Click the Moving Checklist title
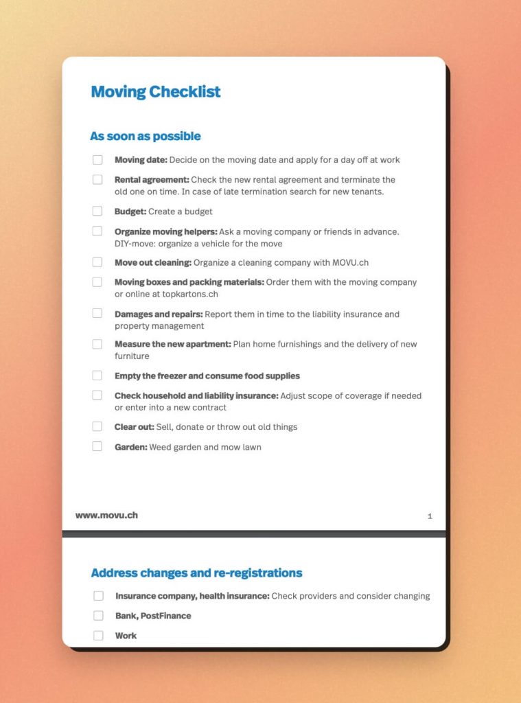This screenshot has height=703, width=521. (x=156, y=92)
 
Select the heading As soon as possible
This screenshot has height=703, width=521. (x=146, y=136)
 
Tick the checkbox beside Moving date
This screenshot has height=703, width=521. (x=97, y=160)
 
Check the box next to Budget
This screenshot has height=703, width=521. (x=97, y=211)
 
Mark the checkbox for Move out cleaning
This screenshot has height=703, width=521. (x=97, y=262)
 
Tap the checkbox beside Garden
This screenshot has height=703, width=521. (x=97, y=447)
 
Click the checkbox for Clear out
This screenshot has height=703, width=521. (x=97, y=427)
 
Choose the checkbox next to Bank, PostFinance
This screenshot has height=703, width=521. (x=98, y=616)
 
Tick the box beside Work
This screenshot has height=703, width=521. (x=98, y=636)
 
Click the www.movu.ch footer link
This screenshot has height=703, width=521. (x=106, y=515)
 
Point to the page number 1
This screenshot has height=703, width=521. (x=430, y=516)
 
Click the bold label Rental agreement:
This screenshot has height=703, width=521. (x=151, y=180)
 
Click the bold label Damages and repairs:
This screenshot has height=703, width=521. (x=159, y=314)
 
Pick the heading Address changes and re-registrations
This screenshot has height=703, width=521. (x=196, y=573)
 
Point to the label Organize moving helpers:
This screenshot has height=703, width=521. (x=165, y=231)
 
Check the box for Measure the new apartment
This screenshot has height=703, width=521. (x=97, y=344)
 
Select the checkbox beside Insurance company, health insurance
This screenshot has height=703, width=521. (x=98, y=596)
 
